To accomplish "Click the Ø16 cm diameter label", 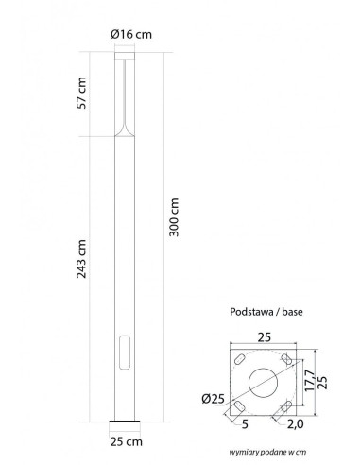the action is point(131,34).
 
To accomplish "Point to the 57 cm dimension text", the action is point(81,93).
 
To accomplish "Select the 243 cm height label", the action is point(81,259).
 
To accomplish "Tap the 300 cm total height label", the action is point(174,217).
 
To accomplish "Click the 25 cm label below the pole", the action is point(126,441).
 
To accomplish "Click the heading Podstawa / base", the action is point(266,312).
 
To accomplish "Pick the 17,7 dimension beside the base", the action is point(310,380).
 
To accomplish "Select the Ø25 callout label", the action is point(214,399).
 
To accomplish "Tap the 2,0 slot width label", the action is point(295,424).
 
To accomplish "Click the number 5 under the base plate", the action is point(245,424).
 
